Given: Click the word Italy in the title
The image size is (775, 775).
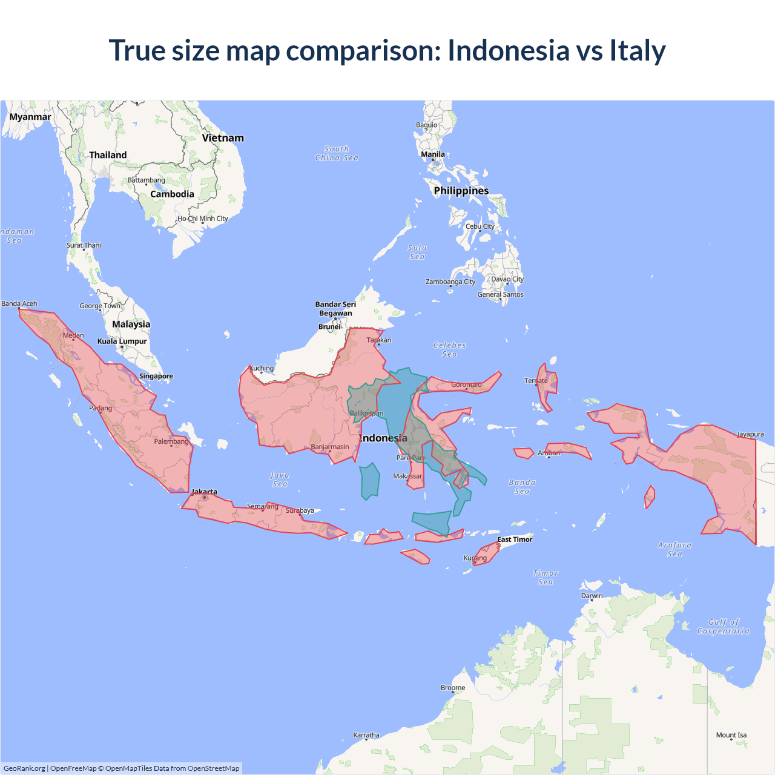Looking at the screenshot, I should click(637, 50).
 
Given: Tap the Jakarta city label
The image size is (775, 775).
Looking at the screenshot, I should click(204, 492).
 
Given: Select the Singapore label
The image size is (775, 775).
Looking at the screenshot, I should click(156, 376).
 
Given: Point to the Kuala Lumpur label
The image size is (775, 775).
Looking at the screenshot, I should click(122, 341).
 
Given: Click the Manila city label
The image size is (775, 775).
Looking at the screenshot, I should click(433, 154).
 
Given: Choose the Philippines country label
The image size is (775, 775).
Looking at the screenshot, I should click(461, 191).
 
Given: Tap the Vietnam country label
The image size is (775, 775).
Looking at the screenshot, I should click(223, 138).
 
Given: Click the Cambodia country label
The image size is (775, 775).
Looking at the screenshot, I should click(172, 194).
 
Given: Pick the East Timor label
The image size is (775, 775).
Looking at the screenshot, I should click(515, 539).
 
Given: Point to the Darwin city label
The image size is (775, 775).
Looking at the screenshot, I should click(592, 596).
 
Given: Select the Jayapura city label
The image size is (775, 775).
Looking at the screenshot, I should click(750, 434).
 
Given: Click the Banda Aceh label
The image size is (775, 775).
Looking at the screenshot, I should click(19, 304).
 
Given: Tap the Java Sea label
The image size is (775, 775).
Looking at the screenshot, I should click(280, 480).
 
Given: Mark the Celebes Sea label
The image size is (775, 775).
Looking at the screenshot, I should click(449, 349).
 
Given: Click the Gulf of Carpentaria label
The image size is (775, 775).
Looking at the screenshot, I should click(723, 627).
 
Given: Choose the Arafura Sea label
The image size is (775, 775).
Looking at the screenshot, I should click(674, 549).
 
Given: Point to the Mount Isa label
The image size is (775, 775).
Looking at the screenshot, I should click(731, 735).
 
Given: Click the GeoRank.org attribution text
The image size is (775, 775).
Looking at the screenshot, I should click(24, 768).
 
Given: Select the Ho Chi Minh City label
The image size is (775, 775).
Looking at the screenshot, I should click(203, 219).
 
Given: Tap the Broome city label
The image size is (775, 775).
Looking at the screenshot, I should click(453, 688).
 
